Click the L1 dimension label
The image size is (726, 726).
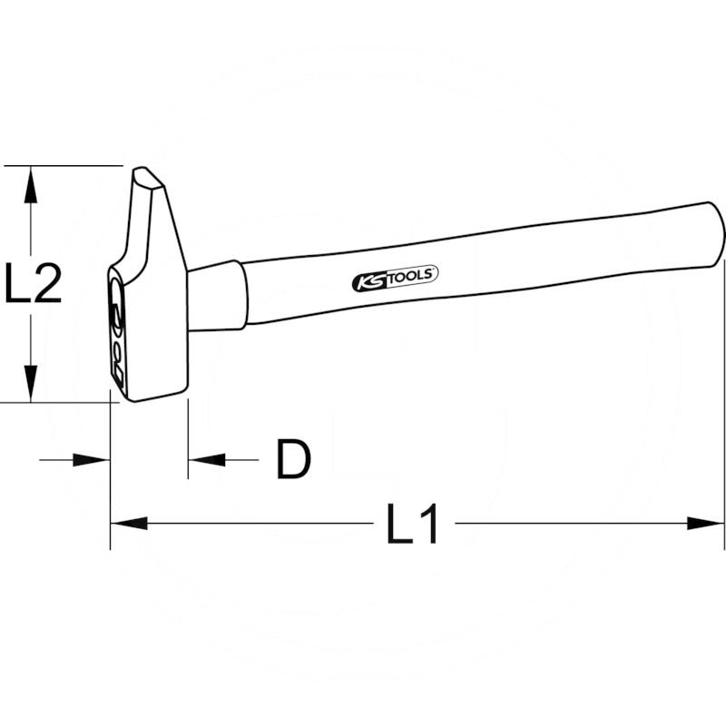click(x=413, y=525)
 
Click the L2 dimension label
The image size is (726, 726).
click(x=34, y=283)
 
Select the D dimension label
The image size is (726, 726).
click(x=293, y=460)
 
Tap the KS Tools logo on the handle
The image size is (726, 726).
click(x=395, y=278)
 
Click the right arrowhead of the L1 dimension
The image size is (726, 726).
click(x=707, y=524)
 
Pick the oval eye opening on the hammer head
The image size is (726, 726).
click(x=116, y=309)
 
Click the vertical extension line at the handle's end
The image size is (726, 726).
click(x=724, y=408)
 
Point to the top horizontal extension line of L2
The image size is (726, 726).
click(x=64, y=166)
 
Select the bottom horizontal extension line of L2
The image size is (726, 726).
click(x=54, y=401)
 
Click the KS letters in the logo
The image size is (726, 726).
click(x=368, y=282)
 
